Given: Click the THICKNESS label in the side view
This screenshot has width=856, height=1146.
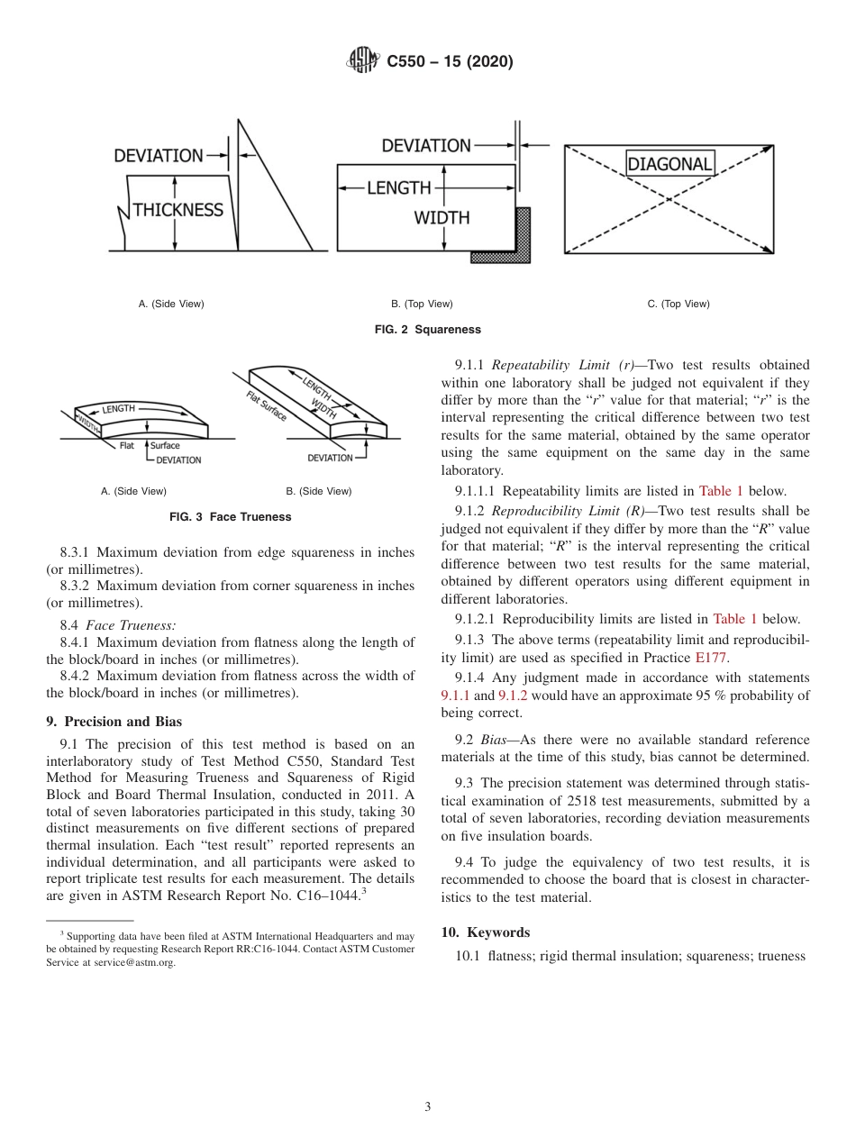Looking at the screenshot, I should point(178,210).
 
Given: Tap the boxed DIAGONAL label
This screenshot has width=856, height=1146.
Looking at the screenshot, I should point(669,164).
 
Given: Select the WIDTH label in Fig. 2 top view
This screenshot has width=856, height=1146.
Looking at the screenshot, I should point(442,217).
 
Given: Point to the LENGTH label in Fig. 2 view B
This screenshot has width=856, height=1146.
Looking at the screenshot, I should point(398,187).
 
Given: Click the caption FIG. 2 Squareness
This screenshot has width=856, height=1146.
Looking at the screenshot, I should point(427,330).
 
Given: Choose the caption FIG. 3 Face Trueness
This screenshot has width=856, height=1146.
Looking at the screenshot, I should point(231,517).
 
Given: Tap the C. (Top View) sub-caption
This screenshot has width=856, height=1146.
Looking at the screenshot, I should point(678,304).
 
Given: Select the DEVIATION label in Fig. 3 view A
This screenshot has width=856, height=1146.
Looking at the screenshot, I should point(178,460).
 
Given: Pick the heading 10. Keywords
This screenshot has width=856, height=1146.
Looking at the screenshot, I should point(485,932).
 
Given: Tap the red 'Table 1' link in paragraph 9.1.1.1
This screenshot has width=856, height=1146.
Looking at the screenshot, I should point(721,491).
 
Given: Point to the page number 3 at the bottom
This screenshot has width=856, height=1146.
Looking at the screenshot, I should point(427,1106).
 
